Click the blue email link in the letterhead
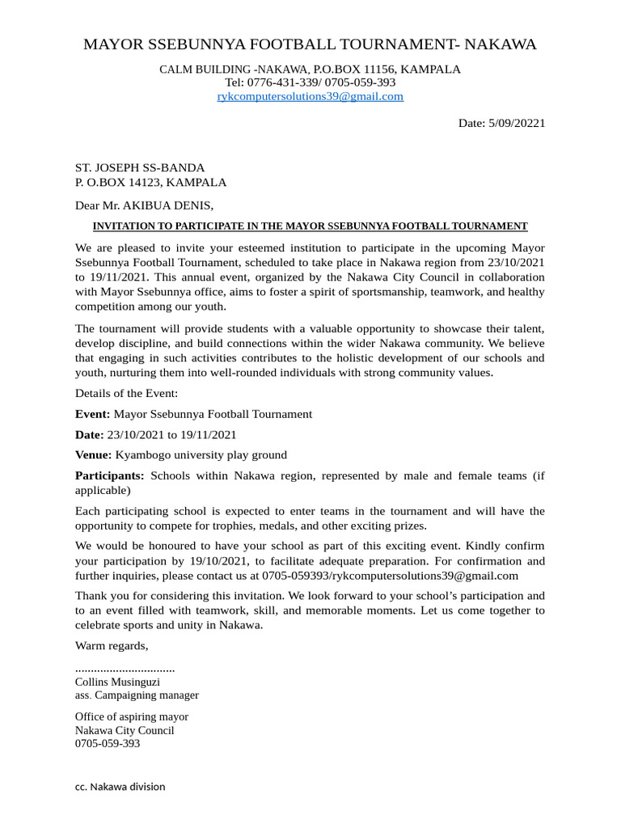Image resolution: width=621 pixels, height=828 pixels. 310,96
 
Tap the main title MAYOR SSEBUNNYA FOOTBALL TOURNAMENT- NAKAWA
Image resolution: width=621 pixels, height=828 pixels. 310,44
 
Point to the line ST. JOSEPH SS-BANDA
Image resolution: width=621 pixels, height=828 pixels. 140,167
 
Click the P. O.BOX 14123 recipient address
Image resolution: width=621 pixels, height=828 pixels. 150,182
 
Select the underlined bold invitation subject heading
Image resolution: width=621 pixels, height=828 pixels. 310,226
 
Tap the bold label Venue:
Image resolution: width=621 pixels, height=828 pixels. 94,454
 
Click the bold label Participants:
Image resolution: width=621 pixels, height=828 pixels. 109,475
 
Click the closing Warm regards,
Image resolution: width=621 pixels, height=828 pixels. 112,645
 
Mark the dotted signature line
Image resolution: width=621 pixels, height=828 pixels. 125,670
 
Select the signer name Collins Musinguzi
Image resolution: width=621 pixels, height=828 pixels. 117,682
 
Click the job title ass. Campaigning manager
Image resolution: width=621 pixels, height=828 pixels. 137,695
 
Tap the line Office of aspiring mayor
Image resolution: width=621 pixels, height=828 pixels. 131,717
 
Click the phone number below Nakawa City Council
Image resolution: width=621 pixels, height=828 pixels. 108,743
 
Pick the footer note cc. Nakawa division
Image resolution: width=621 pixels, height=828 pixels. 120,787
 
